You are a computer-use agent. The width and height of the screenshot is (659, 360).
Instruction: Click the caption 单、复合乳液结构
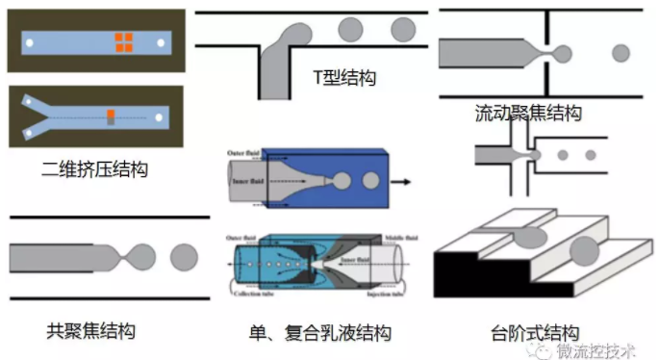point(319,334)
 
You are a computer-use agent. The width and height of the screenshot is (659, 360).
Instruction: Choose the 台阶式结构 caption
point(534,334)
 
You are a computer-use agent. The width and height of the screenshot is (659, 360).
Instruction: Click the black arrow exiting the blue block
point(404,180)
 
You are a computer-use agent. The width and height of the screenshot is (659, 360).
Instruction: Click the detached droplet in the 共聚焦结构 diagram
point(184,257)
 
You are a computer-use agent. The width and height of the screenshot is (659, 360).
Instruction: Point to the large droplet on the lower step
point(585,252)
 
